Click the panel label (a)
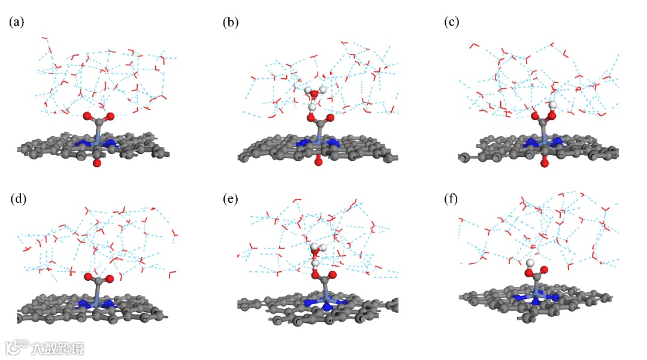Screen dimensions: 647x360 click(16, 23)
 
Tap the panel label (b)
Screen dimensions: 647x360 click(231, 23)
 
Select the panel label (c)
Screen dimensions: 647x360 click(452, 23)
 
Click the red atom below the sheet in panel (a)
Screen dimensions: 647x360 click(97, 162)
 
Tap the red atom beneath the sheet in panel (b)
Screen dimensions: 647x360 click(318, 162)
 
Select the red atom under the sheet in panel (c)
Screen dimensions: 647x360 click(544, 162)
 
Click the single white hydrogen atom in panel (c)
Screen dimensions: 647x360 click(554, 105)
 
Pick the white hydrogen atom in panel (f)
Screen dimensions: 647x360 click(530, 263)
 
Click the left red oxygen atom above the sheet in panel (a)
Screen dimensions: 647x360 click(87, 116)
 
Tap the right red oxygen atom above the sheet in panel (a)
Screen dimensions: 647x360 click(108, 116)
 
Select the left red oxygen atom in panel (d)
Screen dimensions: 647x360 click(87, 278)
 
